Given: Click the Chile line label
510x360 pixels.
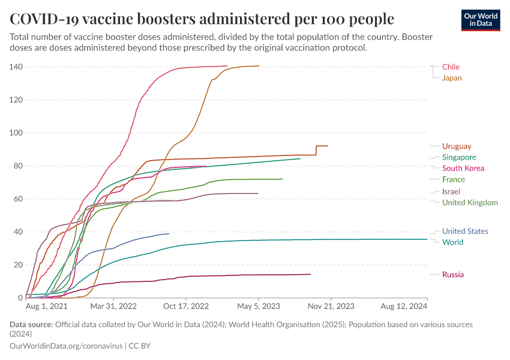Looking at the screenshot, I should (451, 67).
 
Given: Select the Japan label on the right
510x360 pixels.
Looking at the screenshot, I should (452, 78).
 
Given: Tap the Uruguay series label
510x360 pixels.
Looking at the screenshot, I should (457, 146).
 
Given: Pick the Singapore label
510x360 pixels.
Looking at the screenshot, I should (459, 157).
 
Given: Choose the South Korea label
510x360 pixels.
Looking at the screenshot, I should (463, 168).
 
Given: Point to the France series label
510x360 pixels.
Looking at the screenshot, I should (453, 179).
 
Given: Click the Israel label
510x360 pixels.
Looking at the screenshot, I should (451, 191).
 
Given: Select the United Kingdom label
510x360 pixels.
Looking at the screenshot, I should (470, 202).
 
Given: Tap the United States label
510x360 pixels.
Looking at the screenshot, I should (465, 231).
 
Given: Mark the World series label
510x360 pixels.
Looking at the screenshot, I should (452, 242).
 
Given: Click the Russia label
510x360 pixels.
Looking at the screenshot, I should (452, 275).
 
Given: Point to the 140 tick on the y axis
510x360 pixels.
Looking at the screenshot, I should (16, 67).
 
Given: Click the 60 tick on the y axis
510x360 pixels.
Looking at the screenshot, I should (18, 199).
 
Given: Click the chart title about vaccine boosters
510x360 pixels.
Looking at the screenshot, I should (202, 19).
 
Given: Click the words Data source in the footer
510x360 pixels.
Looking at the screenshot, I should (31, 325).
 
